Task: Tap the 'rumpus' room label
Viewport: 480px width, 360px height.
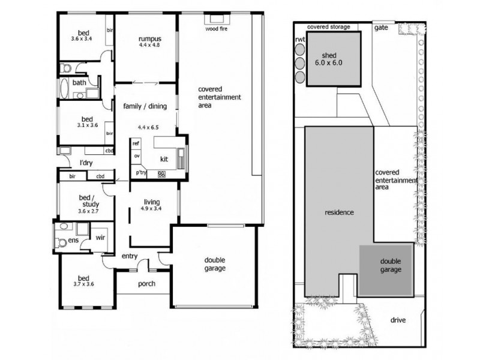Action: tap(147, 40)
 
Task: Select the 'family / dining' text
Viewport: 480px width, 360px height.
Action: tap(145, 107)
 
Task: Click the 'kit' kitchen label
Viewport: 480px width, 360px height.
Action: tap(164, 160)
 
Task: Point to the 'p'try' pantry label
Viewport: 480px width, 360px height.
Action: tap(141, 173)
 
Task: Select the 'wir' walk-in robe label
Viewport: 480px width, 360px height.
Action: tap(101, 238)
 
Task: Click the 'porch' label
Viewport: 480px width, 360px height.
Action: tap(146, 283)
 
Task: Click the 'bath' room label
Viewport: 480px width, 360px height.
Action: tap(79, 83)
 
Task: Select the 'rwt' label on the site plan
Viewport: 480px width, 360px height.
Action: tap(300, 40)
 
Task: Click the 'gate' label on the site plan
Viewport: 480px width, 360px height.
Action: tap(380, 28)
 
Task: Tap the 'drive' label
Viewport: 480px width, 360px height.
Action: tap(397, 320)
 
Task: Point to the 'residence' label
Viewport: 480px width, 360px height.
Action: tap(339, 212)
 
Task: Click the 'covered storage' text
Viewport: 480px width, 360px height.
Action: tap(328, 27)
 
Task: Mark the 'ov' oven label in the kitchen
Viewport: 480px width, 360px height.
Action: tap(137, 156)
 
